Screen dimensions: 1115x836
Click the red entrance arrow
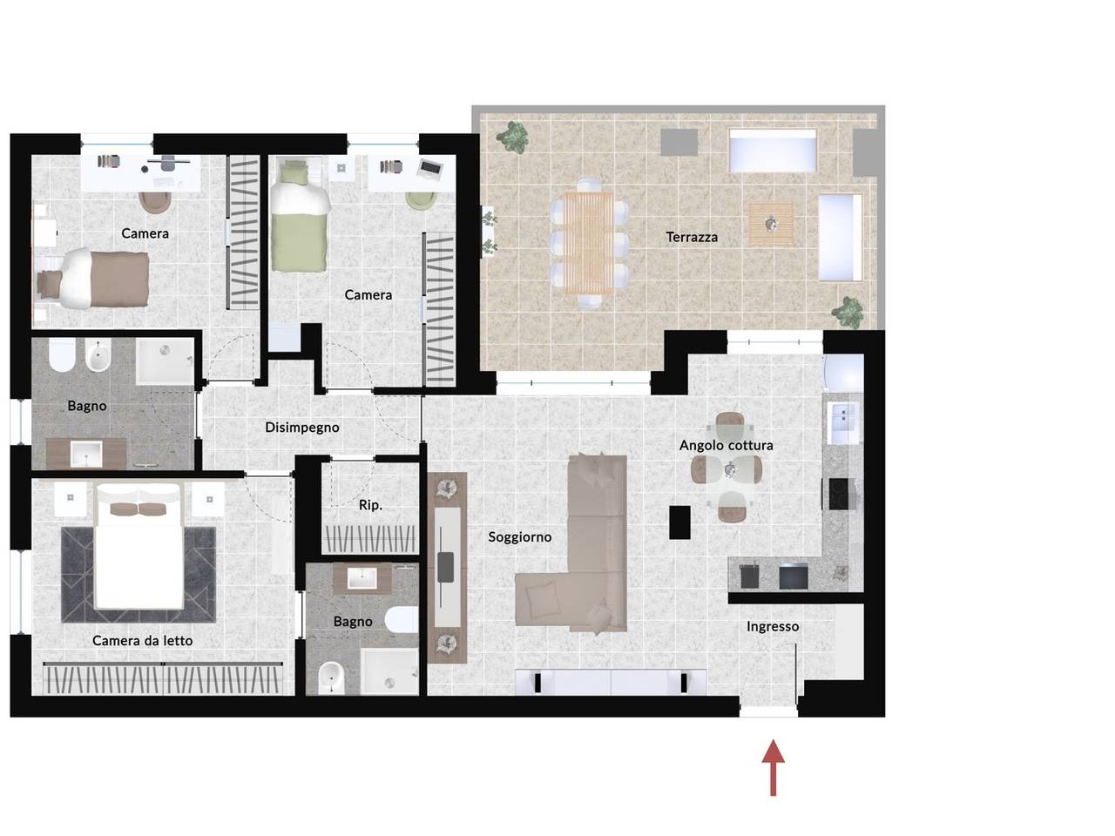click(773, 767)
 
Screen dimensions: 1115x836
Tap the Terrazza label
click(692, 237)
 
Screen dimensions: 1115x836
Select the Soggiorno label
click(519, 537)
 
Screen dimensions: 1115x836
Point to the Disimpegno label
click(301, 428)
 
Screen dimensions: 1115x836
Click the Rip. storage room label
click(370, 505)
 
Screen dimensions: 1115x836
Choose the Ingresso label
click(772, 627)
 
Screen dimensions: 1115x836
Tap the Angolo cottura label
click(726, 446)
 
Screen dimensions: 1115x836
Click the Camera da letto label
click(142, 641)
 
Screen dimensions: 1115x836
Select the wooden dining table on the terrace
click(589, 243)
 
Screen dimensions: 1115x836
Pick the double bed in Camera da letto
click(139, 547)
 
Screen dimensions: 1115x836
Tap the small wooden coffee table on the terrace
click(771, 224)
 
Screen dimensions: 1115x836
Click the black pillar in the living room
click(679, 522)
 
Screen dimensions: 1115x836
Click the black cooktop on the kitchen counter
click(841, 494)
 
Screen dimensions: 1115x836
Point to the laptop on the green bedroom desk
click(429, 167)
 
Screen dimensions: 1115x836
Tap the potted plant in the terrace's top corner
click(512, 137)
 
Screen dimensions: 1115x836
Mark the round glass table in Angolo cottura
click(729, 470)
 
